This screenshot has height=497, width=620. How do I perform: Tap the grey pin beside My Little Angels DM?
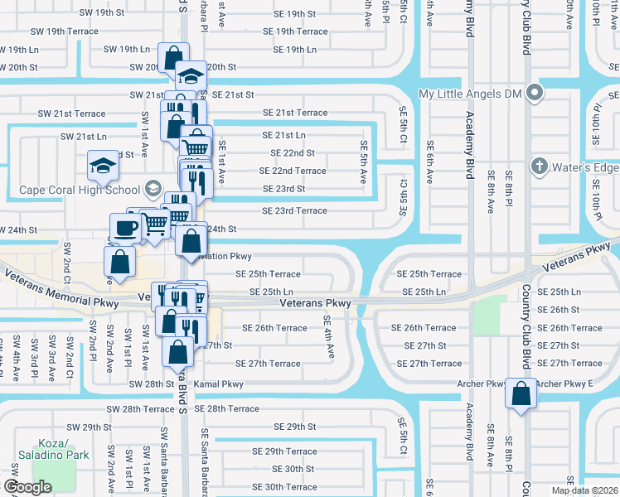point(535,94)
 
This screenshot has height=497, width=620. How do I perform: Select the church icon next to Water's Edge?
point(539,166)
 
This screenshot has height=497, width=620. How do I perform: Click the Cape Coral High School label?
point(80,190)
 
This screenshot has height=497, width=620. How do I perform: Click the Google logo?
point(27,487)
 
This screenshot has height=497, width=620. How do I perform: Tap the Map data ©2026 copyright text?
point(584,490)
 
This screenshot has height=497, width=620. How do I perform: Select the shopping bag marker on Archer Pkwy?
point(521,394)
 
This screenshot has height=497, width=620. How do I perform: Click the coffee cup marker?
point(124,228)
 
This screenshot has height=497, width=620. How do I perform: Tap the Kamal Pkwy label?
point(219,384)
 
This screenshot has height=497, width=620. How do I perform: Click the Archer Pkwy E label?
point(564,384)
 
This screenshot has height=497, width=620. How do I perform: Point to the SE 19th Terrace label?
point(295,31)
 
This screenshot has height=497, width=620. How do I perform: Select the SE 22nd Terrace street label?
point(293,171)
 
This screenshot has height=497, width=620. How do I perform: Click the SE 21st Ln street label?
point(283,135)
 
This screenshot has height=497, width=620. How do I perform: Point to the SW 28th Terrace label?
point(140,409)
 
